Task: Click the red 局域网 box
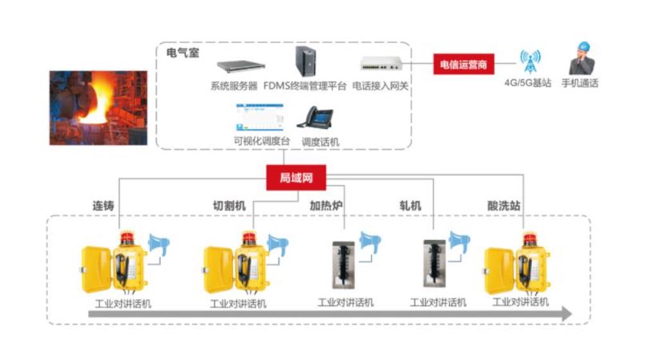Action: tap(296, 177)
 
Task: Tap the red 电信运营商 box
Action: tap(463, 64)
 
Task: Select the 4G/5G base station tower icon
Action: tap(530, 62)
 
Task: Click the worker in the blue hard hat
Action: tap(581, 58)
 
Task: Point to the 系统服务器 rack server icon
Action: tap(241, 67)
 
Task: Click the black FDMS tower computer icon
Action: tap(306, 62)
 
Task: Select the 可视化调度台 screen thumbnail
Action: tap(260, 117)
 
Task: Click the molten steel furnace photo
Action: tap(98, 108)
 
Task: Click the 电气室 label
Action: tap(183, 53)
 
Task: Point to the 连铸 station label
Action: tap(103, 206)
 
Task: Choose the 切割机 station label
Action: tap(229, 206)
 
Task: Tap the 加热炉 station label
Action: tap(326, 206)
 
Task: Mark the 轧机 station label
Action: tap(410, 206)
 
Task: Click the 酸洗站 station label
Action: tap(504, 206)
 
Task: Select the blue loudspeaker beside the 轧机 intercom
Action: tap(459, 243)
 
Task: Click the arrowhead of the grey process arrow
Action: tap(567, 314)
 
